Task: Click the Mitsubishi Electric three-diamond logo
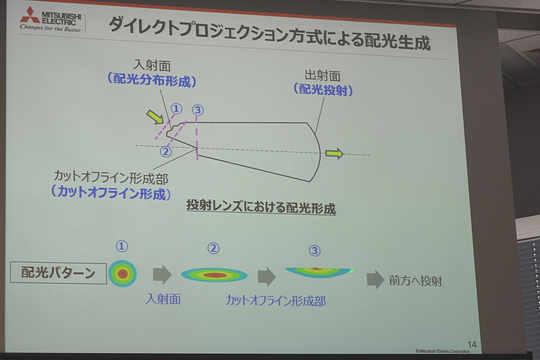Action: [x=29, y=15]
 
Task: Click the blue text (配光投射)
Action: [x=323, y=89]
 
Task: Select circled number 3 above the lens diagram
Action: [x=197, y=109]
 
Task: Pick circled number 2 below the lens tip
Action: [x=166, y=151]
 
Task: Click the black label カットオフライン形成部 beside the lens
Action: [x=111, y=178]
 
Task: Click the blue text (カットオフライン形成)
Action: [x=111, y=193]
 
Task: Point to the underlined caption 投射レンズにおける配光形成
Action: [x=261, y=208]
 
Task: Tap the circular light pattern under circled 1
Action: [x=122, y=274]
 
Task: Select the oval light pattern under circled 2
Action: [x=214, y=274]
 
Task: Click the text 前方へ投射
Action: [x=416, y=280]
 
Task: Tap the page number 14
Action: [x=472, y=344]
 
